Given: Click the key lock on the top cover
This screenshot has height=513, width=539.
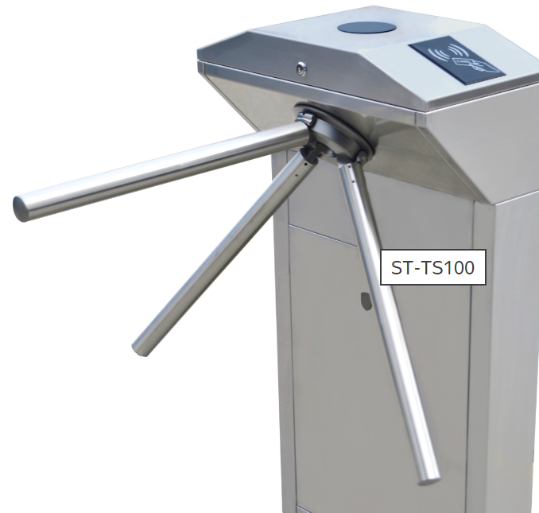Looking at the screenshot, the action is [301, 68].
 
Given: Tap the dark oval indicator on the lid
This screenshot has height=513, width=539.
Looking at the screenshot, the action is [366, 28].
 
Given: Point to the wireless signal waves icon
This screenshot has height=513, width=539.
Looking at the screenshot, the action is [448, 52].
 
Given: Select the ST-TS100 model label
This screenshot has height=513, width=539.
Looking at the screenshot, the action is [432, 267].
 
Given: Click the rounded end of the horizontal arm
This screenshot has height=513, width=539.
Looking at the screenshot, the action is [21, 208].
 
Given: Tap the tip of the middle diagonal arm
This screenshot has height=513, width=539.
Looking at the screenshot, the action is [140, 348].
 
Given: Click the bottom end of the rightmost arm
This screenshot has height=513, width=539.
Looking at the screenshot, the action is [429, 480].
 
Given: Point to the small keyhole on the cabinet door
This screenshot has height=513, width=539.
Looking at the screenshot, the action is [366, 301].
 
